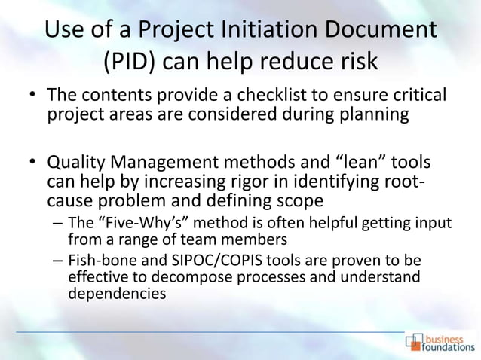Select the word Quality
pyautogui.click(x=75, y=163)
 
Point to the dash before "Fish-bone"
pyautogui.click(x=58, y=261)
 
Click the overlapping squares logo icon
pyautogui.click(x=415, y=343)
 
